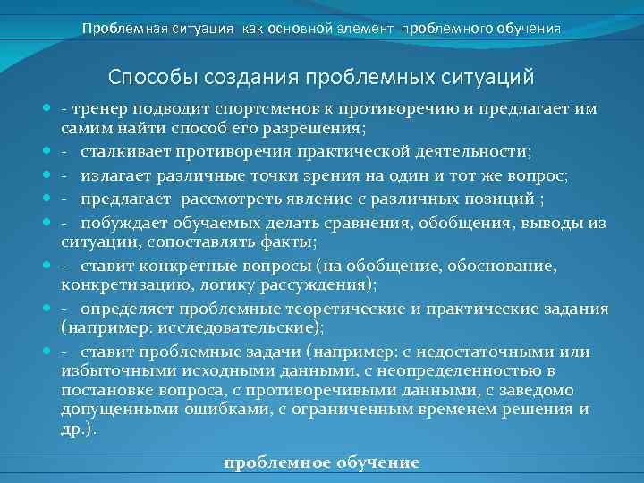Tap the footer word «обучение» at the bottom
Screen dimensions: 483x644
(374, 462)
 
